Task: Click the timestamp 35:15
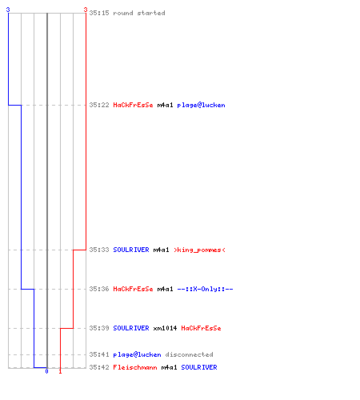pos(99,13)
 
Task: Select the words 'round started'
pos(139,13)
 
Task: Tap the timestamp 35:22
pos(99,105)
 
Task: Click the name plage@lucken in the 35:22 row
pos(201,105)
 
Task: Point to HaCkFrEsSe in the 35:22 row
pos(133,105)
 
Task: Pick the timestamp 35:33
pos(99,250)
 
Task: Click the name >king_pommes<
pos(199,250)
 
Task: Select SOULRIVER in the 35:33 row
pos(131,250)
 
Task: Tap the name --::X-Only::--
pos(205,289)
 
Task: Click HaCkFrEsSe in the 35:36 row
pos(133,289)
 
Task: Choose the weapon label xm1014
pos(165,328)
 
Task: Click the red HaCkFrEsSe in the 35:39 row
pos(201,328)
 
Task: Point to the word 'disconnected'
pos(189,354)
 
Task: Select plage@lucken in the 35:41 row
pos(137,354)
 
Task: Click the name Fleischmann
pos(135,367)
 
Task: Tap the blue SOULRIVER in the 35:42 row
pos(199,367)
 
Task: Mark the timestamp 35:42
pos(99,367)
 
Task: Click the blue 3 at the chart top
pos(8,10)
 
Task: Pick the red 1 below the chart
pos(60,371)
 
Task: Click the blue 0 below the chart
pos(47,371)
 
